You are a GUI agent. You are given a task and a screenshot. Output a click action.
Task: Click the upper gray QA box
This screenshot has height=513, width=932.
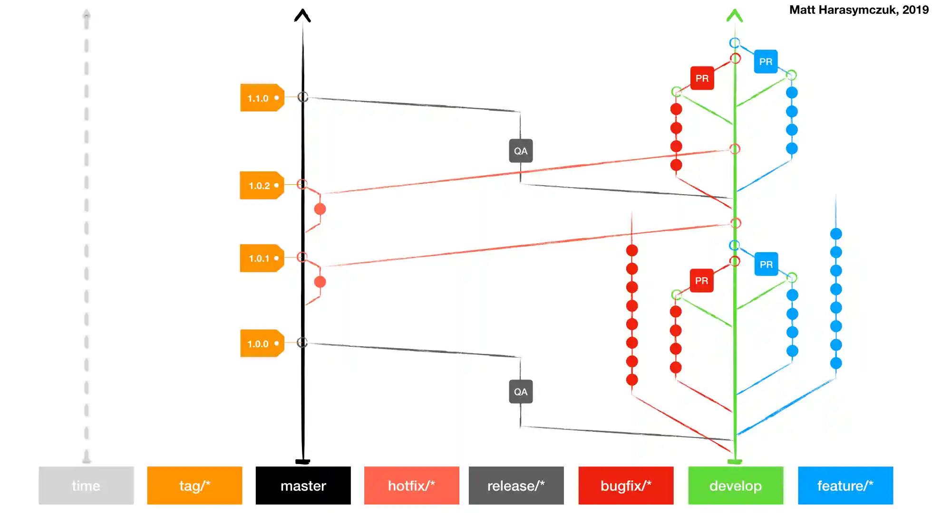[521, 151]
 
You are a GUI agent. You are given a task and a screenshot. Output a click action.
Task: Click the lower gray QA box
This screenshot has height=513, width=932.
[521, 392]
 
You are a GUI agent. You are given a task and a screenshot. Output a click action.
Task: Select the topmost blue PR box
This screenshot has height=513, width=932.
[766, 62]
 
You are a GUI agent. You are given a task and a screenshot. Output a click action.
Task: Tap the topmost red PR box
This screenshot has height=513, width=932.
[702, 78]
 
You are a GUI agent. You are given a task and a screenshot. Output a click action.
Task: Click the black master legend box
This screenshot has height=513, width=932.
[303, 485]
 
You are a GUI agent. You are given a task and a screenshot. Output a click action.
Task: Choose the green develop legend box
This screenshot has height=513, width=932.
[735, 485]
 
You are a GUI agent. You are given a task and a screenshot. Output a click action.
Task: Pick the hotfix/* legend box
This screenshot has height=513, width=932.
[411, 485]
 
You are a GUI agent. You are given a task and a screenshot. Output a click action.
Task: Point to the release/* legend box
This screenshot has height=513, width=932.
[516, 485]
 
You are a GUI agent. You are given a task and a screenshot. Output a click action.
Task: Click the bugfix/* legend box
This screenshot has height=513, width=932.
[626, 485]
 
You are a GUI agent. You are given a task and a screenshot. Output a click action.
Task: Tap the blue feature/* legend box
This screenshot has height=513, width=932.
[845, 485]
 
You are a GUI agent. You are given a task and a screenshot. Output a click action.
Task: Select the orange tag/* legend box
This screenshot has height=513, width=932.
[194, 485]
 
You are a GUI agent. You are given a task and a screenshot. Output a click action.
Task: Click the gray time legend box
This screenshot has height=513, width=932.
[86, 485]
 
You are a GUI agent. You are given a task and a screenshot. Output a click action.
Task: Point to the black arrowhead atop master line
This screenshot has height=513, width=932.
[302, 16]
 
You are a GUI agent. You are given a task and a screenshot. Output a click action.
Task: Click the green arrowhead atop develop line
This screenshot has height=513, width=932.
[735, 16]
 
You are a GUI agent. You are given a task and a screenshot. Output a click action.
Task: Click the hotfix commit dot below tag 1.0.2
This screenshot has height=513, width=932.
[320, 209]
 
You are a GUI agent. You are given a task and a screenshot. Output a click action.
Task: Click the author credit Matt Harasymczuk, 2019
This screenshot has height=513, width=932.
[858, 10]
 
